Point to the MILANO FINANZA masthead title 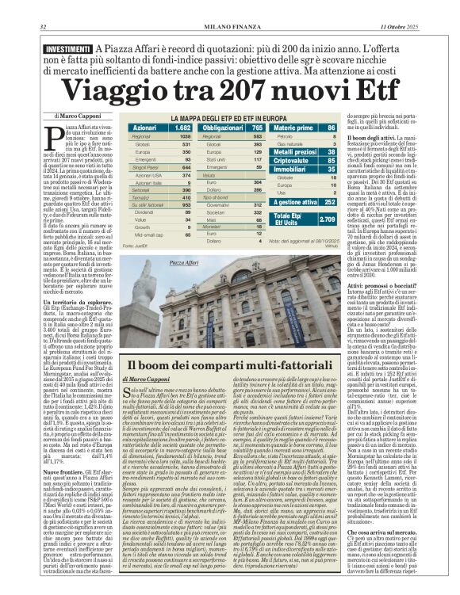pyautogui.click(x=229, y=7)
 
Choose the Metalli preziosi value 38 pyautogui.click(x=332, y=151)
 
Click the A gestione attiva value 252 pyautogui.click(x=331, y=202)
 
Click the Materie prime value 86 pyautogui.click(x=332, y=127)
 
